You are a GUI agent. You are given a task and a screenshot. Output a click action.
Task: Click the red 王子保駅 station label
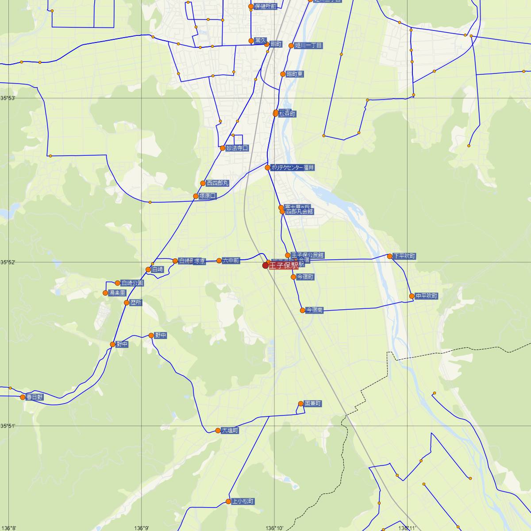(x=284, y=265)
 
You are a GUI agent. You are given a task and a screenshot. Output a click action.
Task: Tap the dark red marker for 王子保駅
(x=265, y=265)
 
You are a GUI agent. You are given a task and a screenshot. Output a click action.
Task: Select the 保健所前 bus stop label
(x=265, y=7)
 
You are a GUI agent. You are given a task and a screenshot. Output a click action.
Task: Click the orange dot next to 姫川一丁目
(x=291, y=46)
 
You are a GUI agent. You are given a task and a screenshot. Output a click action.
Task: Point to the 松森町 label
(x=287, y=114)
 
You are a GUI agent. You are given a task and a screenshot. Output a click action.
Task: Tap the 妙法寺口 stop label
(x=237, y=148)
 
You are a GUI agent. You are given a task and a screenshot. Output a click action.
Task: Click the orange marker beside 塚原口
(x=196, y=196)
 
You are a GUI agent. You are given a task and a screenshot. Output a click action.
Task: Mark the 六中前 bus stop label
(x=231, y=261)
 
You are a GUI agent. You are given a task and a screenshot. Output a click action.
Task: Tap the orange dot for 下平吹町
(x=389, y=256)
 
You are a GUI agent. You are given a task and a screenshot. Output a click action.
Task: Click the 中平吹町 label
(x=427, y=296)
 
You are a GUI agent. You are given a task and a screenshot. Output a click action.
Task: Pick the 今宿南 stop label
(x=315, y=311)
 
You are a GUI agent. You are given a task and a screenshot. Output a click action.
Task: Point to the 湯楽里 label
(x=118, y=293)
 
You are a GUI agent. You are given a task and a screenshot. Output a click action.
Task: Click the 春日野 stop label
(x=35, y=397)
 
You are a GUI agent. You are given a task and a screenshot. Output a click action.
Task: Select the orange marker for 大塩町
(x=218, y=430)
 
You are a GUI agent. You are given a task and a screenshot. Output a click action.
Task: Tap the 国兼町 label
(x=313, y=404)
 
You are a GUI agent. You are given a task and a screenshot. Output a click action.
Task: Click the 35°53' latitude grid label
(x=8, y=98)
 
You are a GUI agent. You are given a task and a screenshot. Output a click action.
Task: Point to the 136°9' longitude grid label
(x=142, y=528)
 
